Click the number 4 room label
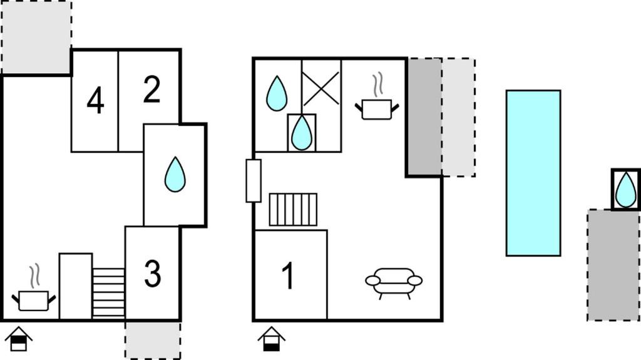click(95, 101)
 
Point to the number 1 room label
click(288, 275)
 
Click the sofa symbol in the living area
click(394, 282)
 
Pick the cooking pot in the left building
click(34, 294)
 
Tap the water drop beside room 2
click(175, 174)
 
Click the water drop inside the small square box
click(302, 133)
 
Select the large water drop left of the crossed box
click(277, 94)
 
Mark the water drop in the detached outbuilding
click(626, 190)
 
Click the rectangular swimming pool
click(533, 173)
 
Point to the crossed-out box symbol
click(321, 88)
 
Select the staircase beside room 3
click(109, 293)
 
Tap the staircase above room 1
click(293, 210)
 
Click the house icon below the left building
click(18, 339)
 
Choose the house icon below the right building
click(272, 339)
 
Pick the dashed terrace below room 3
click(153, 341)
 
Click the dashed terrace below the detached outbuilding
click(613, 265)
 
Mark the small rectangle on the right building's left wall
click(254, 181)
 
